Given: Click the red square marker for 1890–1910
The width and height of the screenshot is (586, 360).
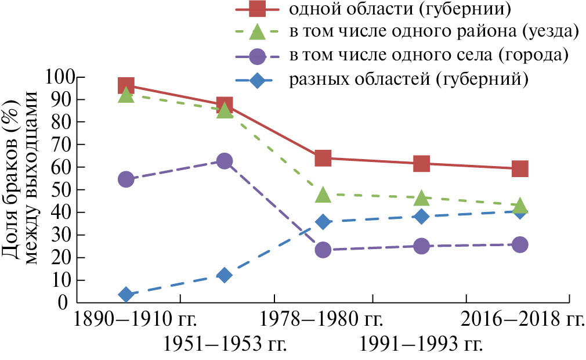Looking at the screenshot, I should tap(126, 86).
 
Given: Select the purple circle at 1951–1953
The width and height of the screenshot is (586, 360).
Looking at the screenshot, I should tap(225, 161).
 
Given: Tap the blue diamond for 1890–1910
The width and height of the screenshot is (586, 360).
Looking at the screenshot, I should tap(126, 295).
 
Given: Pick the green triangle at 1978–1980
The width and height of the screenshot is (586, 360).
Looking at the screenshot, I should tap(323, 195).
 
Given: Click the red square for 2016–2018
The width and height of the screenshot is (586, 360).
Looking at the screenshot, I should tap(520, 168).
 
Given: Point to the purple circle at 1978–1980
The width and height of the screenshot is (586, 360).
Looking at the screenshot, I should tap(323, 250).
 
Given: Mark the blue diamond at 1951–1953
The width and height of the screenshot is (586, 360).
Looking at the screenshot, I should tap(225, 275).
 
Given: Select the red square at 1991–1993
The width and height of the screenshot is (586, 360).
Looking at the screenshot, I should tap(422, 163).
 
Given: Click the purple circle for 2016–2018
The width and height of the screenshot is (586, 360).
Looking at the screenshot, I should tap(520, 244).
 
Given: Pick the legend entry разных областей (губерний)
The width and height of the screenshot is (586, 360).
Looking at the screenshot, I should tap(408, 79).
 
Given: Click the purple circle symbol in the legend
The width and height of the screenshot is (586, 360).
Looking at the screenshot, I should tap(257, 56).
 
